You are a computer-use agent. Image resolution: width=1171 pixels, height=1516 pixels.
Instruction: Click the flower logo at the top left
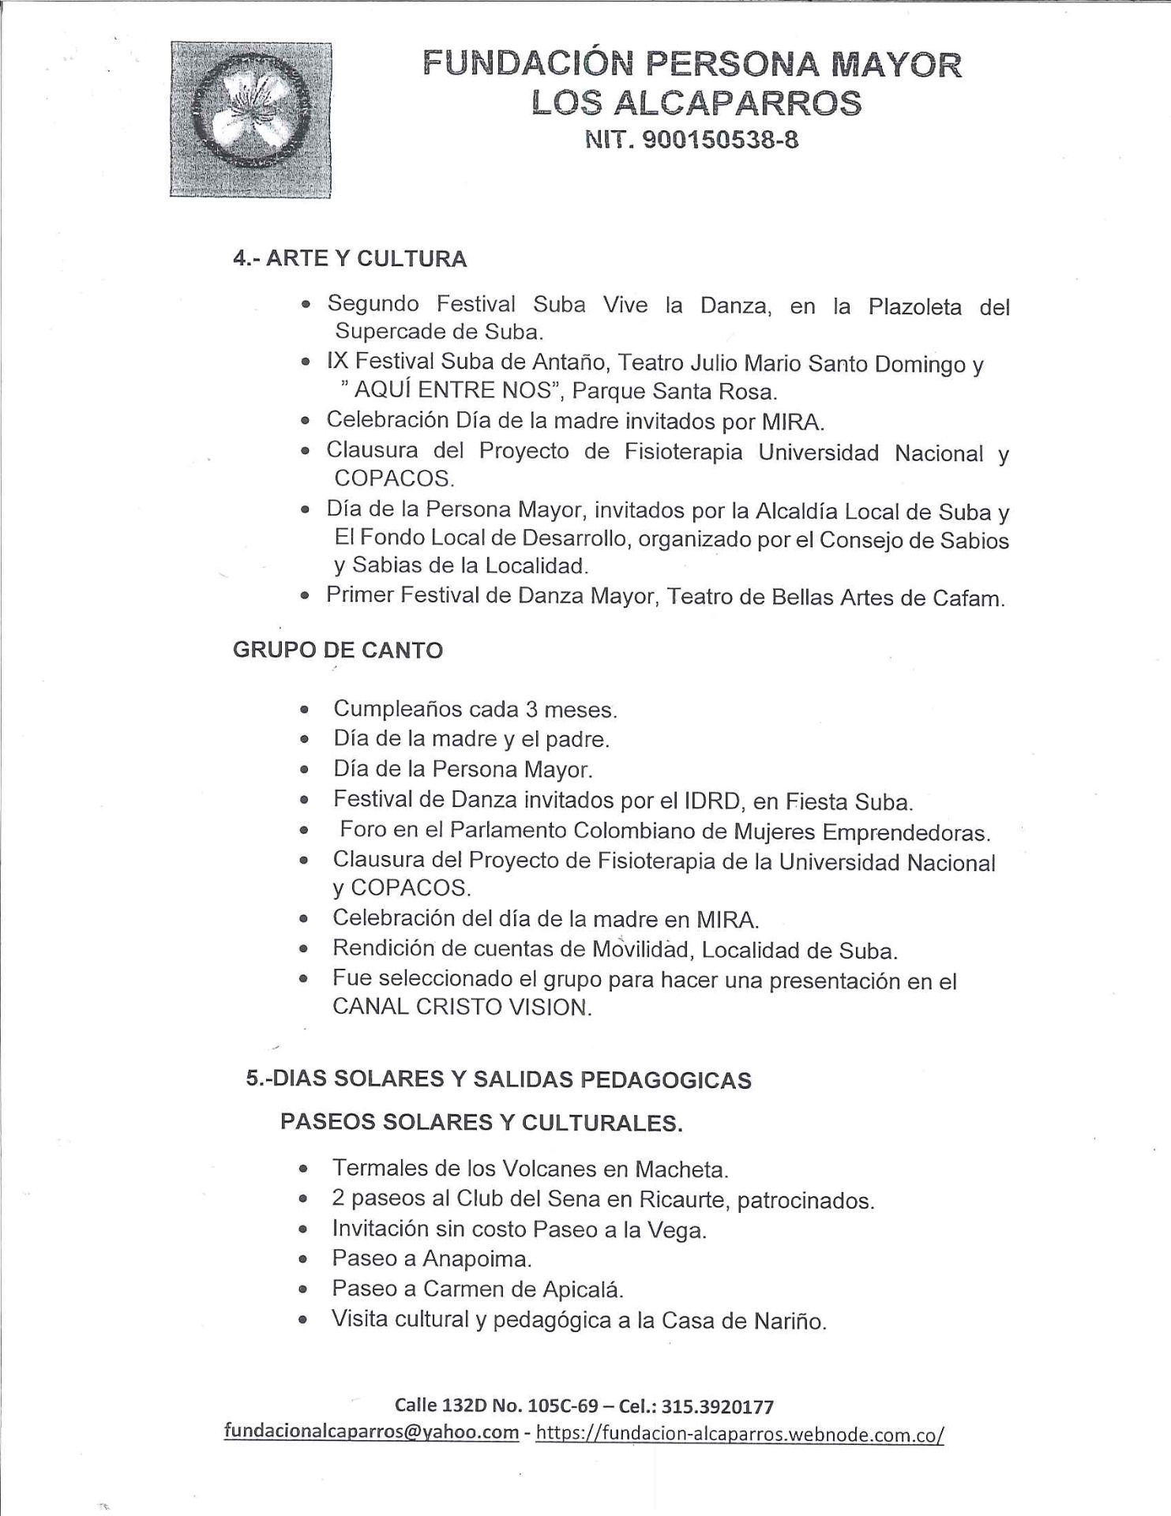pyautogui.click(x=250, y=119)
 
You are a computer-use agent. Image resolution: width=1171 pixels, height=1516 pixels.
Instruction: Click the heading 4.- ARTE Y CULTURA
pyautogui.click(x=349, y=259)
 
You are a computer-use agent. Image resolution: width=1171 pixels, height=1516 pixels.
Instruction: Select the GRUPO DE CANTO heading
pyautogui.click(x=337, y=651)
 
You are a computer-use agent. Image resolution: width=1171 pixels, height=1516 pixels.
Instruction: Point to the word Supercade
pyautogui.click(x=390, y=331)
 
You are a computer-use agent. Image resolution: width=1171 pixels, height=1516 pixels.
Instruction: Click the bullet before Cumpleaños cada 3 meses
pyautogui.click(x=303, y=710)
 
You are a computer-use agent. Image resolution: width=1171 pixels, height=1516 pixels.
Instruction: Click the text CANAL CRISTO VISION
pyautogui.click(x=461, y=1008)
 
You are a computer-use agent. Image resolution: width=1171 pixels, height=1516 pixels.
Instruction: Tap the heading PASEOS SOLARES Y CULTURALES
pyautogui.click(x=481, y=1123)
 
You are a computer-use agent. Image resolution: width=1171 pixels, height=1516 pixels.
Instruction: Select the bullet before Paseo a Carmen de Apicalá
pyautogui.click(x=302, y=1289)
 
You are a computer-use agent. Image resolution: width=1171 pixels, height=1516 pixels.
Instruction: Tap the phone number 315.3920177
pyautogui.click(x=718, y=1406)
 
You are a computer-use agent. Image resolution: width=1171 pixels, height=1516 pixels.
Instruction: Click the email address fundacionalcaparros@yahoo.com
pyautogui.click(x=371, y=1432)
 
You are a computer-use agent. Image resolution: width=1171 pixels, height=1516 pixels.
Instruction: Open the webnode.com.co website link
pyautogui.click(x=739, y=1433)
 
